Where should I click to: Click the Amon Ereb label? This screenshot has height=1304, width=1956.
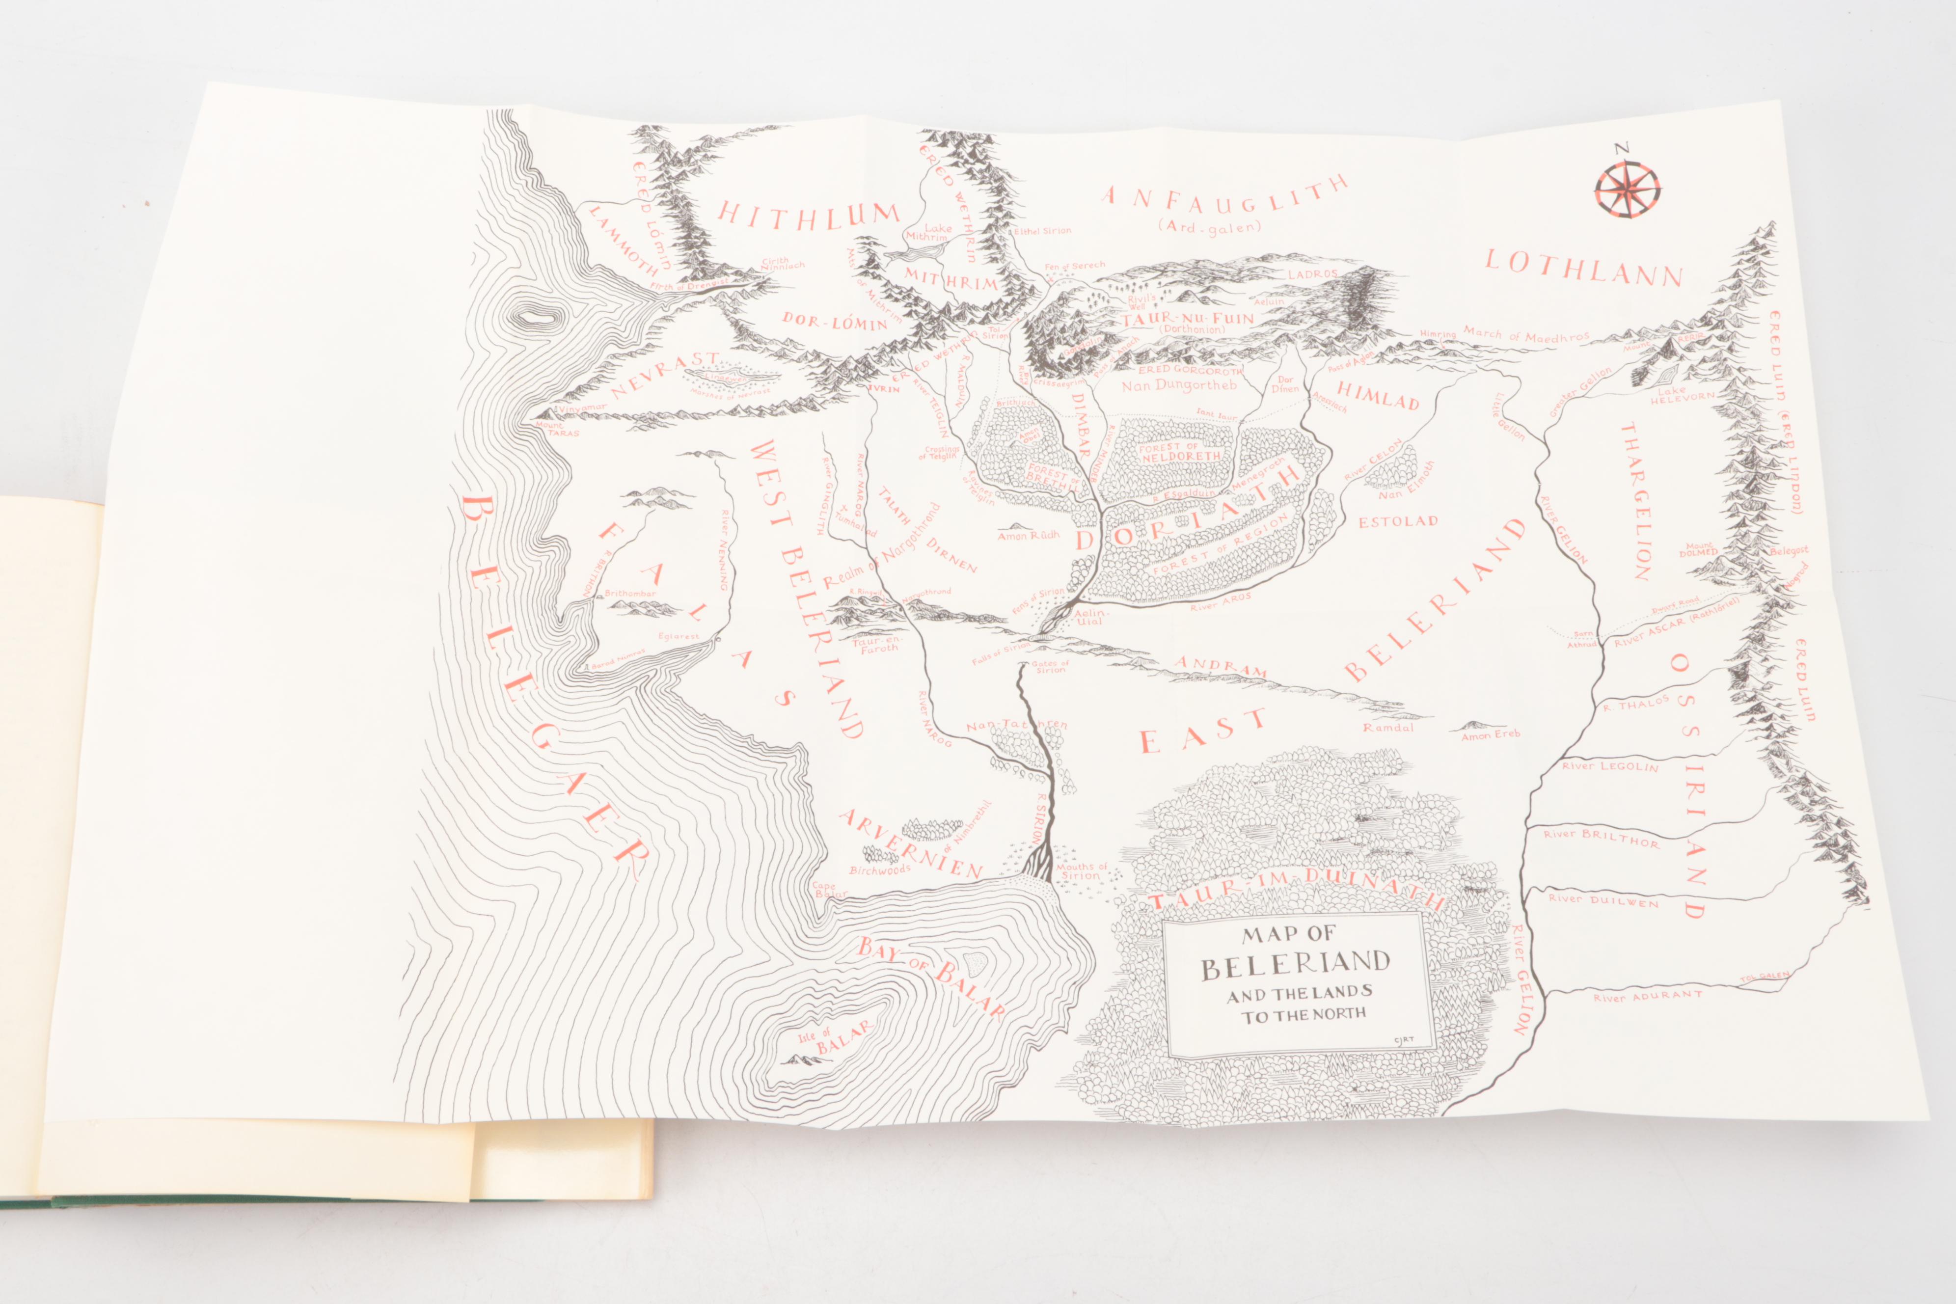1490,734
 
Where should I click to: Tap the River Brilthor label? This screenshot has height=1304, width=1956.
1601,838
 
